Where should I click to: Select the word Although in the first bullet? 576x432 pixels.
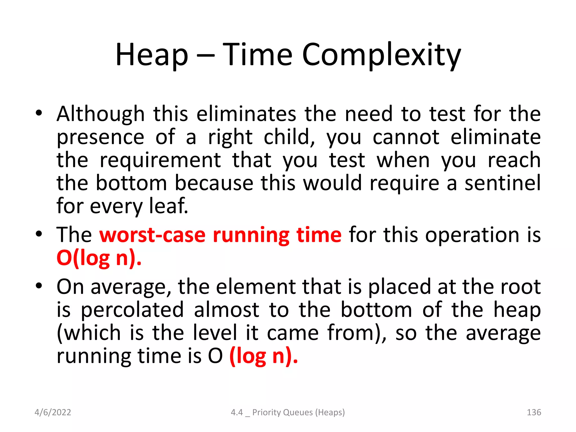point(100,114)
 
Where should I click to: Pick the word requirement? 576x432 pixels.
point(160,160)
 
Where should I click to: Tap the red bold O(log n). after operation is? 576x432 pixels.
point(99,258)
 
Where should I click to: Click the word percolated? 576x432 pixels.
point(132,310)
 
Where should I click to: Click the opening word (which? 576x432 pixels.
point(89,333)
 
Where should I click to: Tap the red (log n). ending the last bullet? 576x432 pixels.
point(264,356)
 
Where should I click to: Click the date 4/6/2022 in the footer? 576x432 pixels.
point(53,412)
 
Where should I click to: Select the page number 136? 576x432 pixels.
point(534,412)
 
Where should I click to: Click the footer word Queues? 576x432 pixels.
point(298,412)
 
